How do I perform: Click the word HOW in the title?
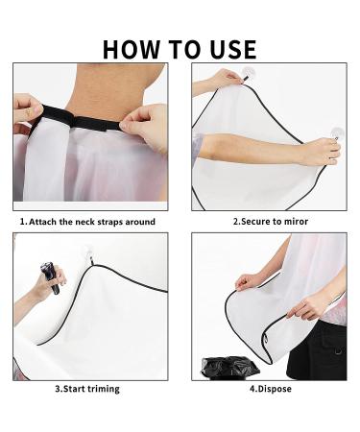click(131, 49)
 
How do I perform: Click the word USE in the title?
click(233, 49)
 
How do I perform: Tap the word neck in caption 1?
click(85, 222)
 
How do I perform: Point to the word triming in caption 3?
click(104, 389)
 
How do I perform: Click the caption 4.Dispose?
click(271, 389)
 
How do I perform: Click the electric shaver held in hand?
click(51, 277)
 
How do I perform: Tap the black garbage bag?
click(229, 368)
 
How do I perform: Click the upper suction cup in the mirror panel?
click(249, 73)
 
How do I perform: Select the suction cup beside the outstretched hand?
click(337, 133)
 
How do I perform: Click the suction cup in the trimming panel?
click(89, 252)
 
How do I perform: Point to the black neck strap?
click(77, 120)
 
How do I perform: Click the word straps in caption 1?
click(110, 222)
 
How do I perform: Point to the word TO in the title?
click(184, 49)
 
